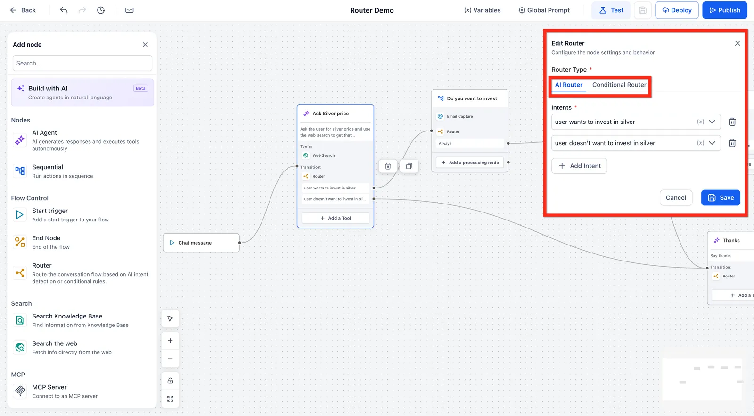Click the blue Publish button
pyautogui.click(x=724, y=10)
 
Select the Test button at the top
pyautogui.click(x=611, y=10)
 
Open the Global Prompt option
pyautogui.click(x=544, y=10)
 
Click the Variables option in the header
pyautogui.click(x=482, y=10)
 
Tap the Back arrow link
pyautogui.click(x=23, y=10)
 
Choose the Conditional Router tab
pyautogui.click(x=619, y=85)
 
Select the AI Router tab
pyautogui.click(x=568, y=85)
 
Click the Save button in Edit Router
pyautogui.click(x=721, y=197)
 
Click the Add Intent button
pyautogui.click(x=579, y=166)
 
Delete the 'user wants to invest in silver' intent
pyautogui.click(x=732, y=122)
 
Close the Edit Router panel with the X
pyautogui.click(x=738, y=43)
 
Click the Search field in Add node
pyautogui.click(x=82, y=63)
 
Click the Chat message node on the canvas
pyautogui.click(x=201, y=243)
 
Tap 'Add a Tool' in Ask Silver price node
pyautogui.click(x=335, y=218)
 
